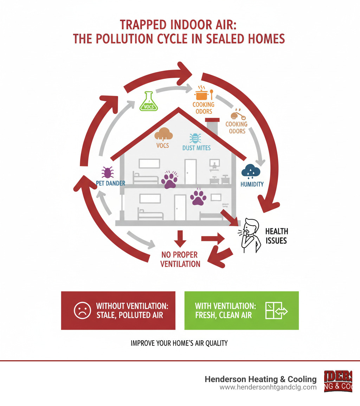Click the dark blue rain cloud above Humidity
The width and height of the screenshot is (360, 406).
251,171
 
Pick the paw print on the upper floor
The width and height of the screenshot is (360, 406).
169,179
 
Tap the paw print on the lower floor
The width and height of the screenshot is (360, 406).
198,198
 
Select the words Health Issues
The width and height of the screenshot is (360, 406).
276,236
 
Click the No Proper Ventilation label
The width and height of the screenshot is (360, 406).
180,259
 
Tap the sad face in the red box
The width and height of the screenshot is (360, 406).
82,311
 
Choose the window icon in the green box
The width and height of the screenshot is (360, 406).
276,311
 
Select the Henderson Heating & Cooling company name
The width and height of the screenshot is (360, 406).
261,379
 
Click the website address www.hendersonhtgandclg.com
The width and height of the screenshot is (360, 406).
268,387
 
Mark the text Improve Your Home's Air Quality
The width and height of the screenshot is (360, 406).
179,343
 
